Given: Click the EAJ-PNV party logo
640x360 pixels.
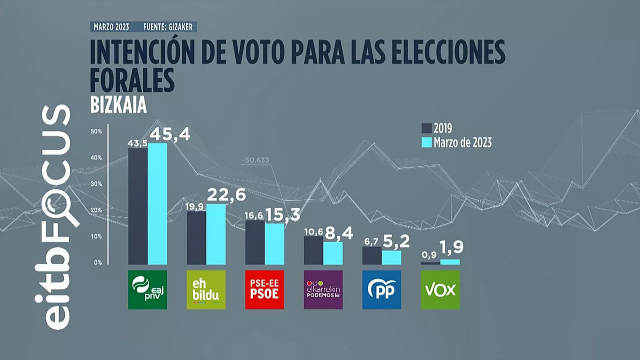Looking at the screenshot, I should (x=147, y=289).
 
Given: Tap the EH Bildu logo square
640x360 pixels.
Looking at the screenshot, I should (x=206, y=289).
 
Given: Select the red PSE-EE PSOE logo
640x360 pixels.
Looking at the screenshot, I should (x=264, y=289).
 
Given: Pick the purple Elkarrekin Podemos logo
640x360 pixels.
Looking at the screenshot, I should (x=323, y=289).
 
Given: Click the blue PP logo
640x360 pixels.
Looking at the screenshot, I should (x=381, y=289).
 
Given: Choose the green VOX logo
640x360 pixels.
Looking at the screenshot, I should (x=440, y=289).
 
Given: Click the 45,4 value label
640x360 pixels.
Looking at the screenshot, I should (x=170, y=134).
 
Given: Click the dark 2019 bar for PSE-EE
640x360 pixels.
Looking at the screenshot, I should (x=255, y=242).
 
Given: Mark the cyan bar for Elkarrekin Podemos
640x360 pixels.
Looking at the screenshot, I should (x=332, y=253).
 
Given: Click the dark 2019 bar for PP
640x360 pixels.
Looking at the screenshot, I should (x=372, y=255).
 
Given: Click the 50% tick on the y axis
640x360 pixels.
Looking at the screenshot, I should (x=96, y=131).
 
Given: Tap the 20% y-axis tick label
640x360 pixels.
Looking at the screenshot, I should (x=96, y=210).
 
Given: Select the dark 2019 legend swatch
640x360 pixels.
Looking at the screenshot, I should (x=426, y=128).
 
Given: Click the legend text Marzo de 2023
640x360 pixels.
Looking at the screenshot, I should (x=462, y=142).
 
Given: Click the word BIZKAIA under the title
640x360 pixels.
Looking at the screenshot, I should (x=118, y=106).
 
